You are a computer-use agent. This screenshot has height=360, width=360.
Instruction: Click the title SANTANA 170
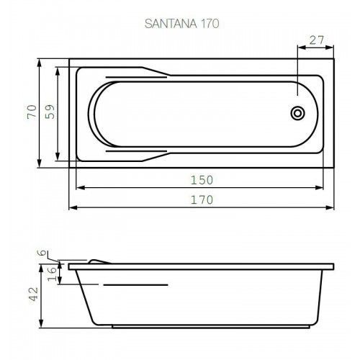point(181,24)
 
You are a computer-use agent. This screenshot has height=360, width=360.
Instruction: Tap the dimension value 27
point(317,40)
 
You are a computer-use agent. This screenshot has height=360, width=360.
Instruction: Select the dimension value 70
point(32,112)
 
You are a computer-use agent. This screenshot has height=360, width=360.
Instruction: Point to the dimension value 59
point(50,112)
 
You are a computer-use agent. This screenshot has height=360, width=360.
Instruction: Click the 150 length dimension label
point(202,180)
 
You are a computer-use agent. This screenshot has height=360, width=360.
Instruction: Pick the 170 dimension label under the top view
point(202,199)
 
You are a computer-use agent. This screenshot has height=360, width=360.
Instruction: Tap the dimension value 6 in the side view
point(42,252)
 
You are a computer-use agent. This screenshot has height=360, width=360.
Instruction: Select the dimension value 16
point(52,274)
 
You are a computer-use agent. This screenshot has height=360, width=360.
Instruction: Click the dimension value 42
point(33,294)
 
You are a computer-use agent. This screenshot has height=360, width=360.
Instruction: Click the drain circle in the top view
point(297,113)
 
